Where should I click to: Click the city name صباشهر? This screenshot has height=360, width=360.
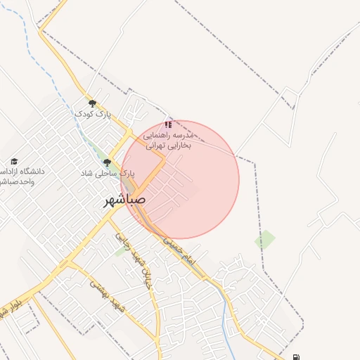pyautogui.click(x=125, y=200)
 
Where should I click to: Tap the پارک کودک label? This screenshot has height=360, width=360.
pyautogui.click(x=94, y=113)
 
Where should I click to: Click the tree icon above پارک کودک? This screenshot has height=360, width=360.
pyautogui.click(x=93, y=103)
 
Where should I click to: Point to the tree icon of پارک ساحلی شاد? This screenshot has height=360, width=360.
pyautogui.click(x=107, y=162)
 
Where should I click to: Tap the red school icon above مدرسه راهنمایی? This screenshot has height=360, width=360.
pyautogui.click(x=168, y=124)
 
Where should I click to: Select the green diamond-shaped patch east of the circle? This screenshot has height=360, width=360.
pyautogui.click(x=265, y=240)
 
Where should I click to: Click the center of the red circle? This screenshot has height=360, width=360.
pyautogui.click(x=180, y=179)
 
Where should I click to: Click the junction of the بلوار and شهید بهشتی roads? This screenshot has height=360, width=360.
pyautogui.click(x=68, y=264)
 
